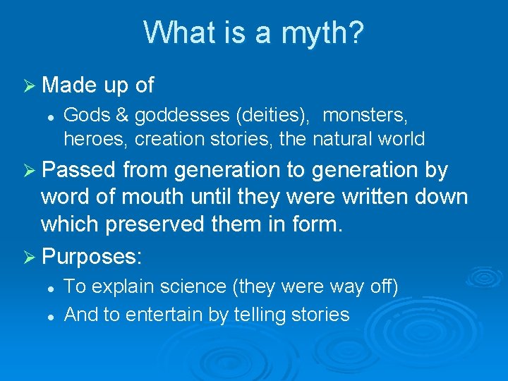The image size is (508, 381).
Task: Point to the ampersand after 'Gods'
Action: tap(122, 114)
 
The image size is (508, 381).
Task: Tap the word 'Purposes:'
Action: tap(92, 254)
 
